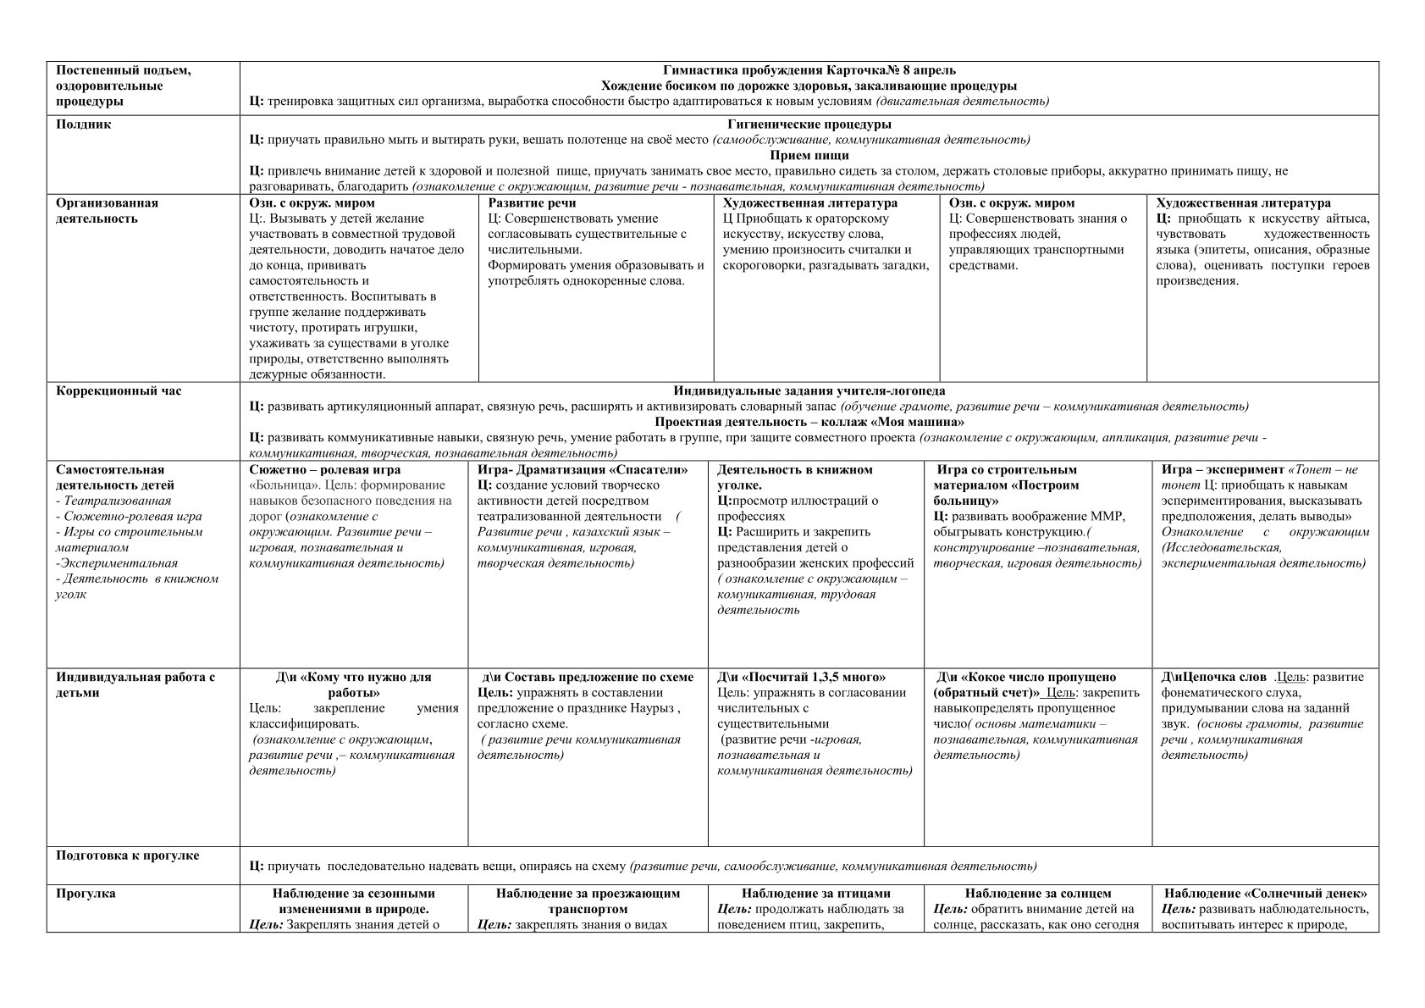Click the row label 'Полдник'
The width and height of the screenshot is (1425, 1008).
pyautogui.click(x=84, y=125)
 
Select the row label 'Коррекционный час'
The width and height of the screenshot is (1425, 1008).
pyautogui.click(x=119, y=391)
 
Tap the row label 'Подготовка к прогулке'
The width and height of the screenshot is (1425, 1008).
pyautogui.click(x=128, y=856)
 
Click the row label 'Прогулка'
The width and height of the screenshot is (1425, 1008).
pyautogui.click(x=86, y=894)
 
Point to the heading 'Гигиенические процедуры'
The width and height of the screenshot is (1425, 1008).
pyautogui.click(x=809, y=125)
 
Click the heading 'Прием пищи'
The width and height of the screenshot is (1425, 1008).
pyautogui.click(x=809, y=156)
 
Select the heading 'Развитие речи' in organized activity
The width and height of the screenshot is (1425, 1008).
pyautogui.click(x=532, y=203)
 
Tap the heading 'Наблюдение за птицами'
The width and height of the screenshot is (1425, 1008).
pyautogui.click(x=815, y=894)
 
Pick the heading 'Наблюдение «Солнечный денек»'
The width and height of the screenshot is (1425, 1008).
pyautogui.click(x=1265, y=894)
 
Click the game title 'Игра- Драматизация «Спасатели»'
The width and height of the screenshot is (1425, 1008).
pyautogui.click(x=583, y=470)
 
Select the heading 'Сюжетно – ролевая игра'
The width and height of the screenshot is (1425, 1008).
pyautogui.click(x=325, y=470)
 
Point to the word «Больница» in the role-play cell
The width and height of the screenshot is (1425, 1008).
pyautogui.click(x=277, y=485)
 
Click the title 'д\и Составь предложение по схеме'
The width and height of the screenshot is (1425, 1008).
pyautogui.click(x=588, y=678)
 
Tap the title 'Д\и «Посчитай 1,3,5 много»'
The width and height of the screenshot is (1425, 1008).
pyautogui.click(x=801, y=678)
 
